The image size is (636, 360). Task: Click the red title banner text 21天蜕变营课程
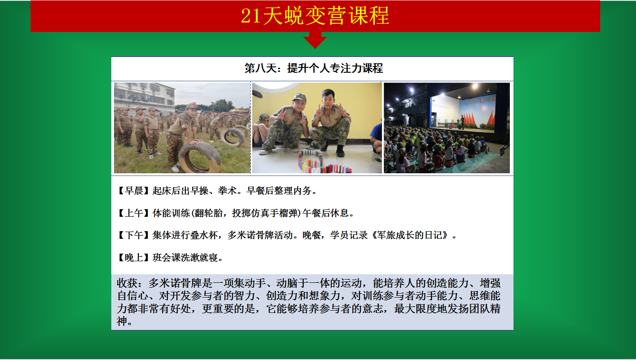pyautogui.click(x=315, y=16)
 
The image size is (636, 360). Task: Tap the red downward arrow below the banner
pyautogui.click(x=315, y=40)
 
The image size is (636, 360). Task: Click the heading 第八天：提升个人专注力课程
pyautogui.click(x=314, y=68)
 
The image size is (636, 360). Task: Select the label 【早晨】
pyautogui.click(x=133, y=190)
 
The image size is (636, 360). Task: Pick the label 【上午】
pyautogui.click(x=133, y=213)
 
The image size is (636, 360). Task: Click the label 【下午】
pyautogui.click(x=133, y=235)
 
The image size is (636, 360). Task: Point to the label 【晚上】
pyautogui.click(x=133, y=258)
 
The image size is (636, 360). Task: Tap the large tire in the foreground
pyautogui.click(x=200, y=157)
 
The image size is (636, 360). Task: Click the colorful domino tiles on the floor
pyautogui.click(x=324, y=163)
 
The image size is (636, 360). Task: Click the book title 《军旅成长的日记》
pyautogui.click(x=411, y=235)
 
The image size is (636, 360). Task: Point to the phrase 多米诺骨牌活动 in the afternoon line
pyautogui.click(x=260, y=235)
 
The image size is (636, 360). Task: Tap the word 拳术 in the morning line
pyautogui.click(x=227, y=190)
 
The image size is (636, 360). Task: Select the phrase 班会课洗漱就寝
pyautogui.click(x=185, y=258)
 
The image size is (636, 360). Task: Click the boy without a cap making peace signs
pyautogui.click(x=331, y=122)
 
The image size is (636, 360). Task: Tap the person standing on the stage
pyautogui.click(x=462, y=123)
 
